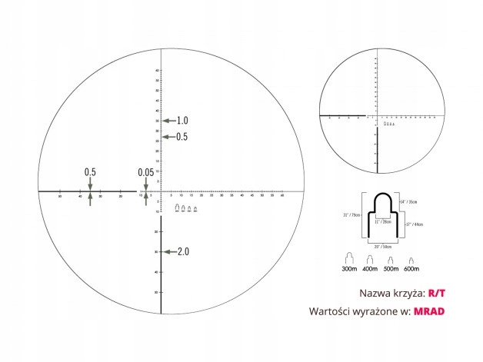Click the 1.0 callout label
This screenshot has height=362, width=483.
(x=182, y=121)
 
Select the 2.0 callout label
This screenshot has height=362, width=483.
(x=183, y=252)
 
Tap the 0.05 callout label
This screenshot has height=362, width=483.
(x=145, y=173)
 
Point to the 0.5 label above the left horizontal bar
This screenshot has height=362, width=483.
(x=90, y=172)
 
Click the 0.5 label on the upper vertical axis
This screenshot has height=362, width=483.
(x=182, y=137)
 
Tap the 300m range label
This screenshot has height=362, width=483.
(x=349, y=270)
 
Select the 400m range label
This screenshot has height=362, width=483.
(x=371, y=270)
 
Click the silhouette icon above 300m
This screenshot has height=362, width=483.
(x=349, y=257)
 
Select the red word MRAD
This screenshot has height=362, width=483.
(x=430, y=312)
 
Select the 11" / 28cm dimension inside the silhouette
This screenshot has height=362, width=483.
(x=381, y=221)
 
